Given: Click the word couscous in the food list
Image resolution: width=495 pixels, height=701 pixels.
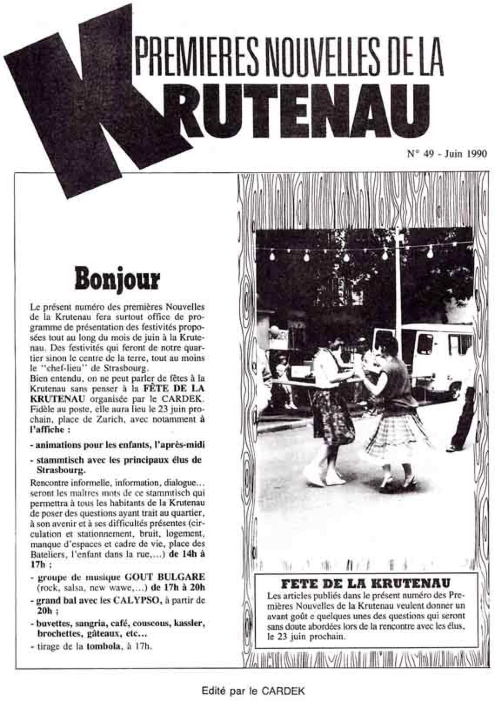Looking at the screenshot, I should (151, 623).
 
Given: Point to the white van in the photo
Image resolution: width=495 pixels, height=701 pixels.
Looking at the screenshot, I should (435, 357).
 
